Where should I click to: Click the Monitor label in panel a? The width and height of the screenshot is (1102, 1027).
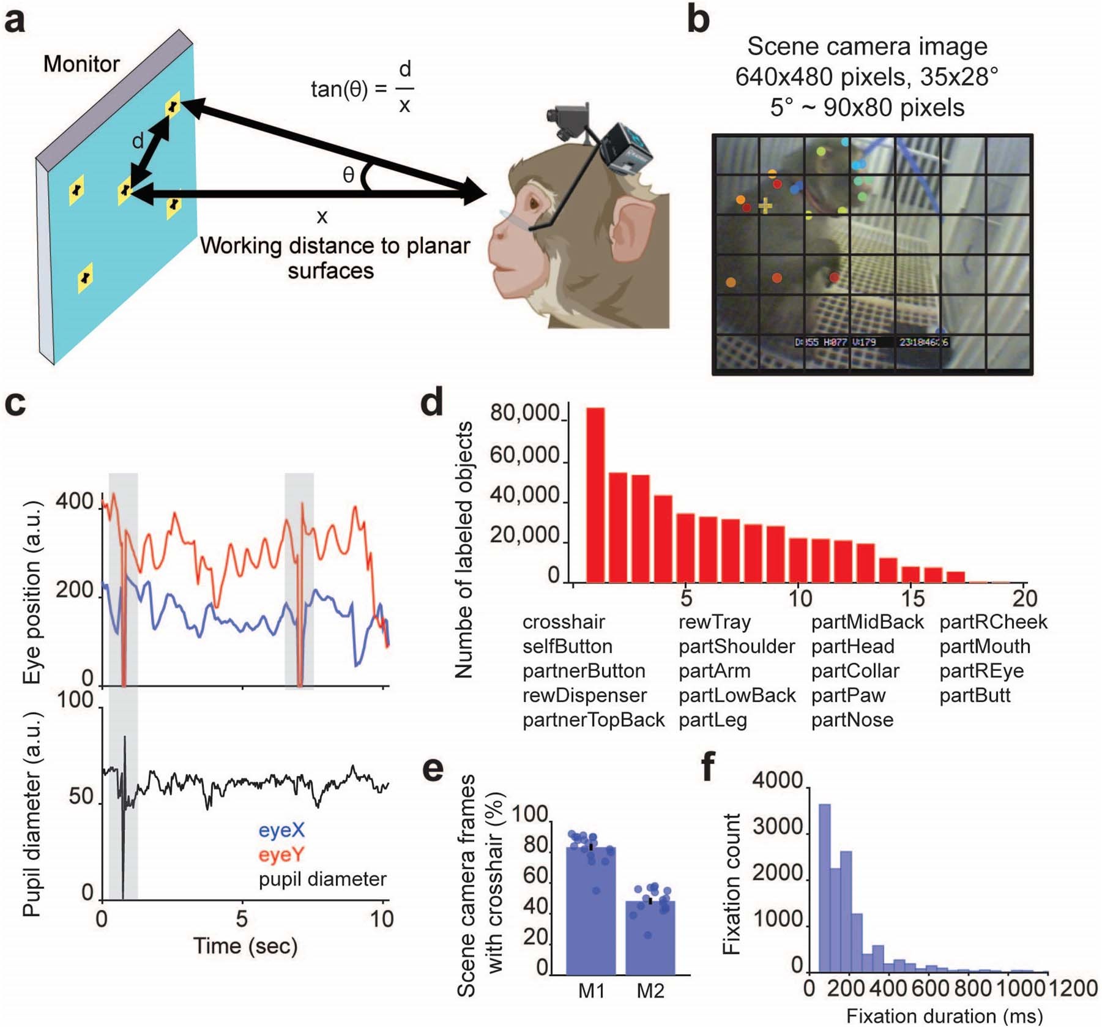pos(81,64)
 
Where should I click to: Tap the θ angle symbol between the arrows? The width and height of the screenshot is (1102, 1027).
pos(348,175)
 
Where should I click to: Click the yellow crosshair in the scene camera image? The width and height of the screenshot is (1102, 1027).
pos(765,206)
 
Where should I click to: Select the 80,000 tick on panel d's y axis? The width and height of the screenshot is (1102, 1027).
pos(524,414)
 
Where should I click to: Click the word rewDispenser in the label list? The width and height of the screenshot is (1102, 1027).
pos(584,695)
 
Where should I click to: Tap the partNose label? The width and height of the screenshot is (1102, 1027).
pos(852,720)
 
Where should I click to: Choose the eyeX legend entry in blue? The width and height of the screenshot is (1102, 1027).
pos(281,830)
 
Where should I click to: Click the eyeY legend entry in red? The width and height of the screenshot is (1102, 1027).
pos(281,854)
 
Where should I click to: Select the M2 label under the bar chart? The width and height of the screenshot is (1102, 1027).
pos(650,990)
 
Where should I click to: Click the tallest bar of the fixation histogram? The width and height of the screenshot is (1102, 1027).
pos(824,887)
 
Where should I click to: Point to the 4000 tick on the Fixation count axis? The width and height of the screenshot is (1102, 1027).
pos(777,780)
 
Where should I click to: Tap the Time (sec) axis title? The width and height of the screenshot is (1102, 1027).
pos(245,946)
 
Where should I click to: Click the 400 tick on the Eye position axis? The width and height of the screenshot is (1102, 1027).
pos(74,502)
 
